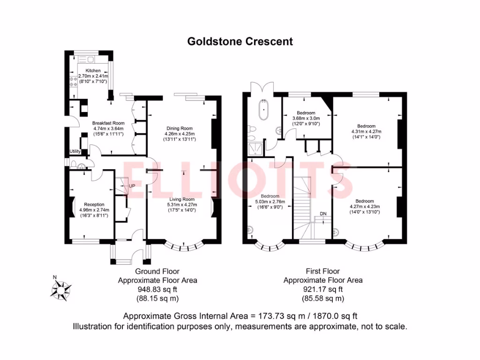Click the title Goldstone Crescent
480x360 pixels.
240,41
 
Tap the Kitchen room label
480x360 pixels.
92,70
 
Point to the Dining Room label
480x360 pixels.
180,128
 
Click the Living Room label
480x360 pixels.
182,199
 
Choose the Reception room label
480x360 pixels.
94,204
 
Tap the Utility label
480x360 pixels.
75,151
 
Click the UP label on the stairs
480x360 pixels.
132,186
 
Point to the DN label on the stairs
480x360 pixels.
323,214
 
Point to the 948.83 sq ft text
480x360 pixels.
157,289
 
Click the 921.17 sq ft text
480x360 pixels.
322,289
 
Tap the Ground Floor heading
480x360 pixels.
157,271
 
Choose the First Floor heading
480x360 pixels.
322,271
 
